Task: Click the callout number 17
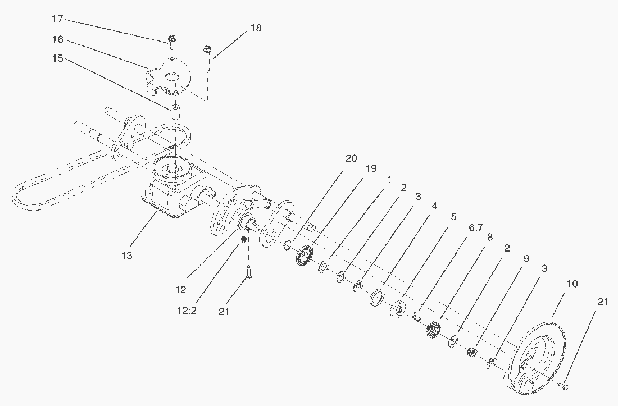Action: tap(57, 19)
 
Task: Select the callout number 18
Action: tap(256, 28)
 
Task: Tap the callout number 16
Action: tap(57, 40)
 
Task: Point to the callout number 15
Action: tap(57, 58)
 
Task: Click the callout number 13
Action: tap(127, 256)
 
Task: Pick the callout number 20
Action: tap(351, 159)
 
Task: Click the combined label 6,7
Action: tap(475, 227)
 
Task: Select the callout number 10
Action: tap(571, 284)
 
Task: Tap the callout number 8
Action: tap(490, 237)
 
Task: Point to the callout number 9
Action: tap(526, 259)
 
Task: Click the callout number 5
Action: tap(453, 216)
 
